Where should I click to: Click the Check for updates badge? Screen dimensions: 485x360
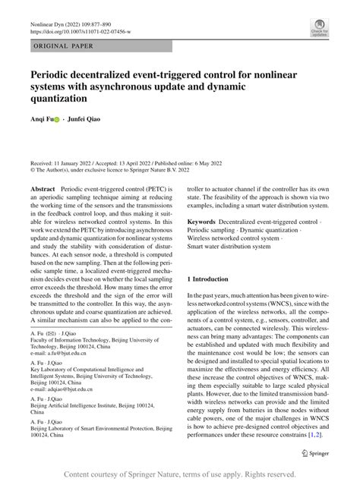pyautogui.click(x=318, y=28)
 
